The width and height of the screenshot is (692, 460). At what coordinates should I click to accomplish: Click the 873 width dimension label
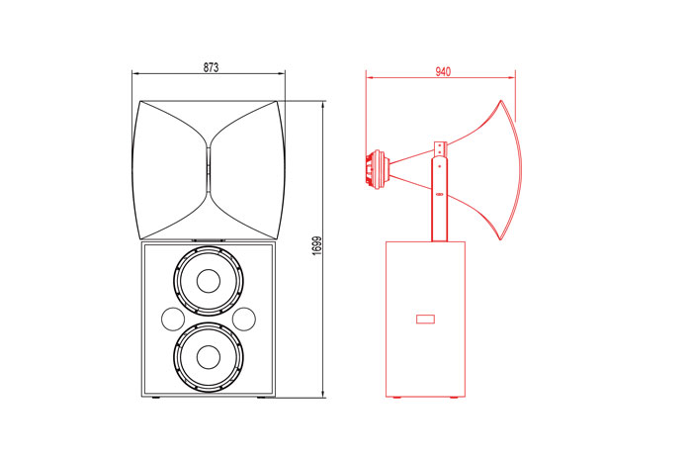click(x=211, y=67)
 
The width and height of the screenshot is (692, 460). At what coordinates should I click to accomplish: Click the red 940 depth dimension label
click(x=443, y=71)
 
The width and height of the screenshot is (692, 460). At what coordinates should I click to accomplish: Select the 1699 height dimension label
click(x=317, y=246)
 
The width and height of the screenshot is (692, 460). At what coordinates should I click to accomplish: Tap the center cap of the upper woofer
click(x=209, y=281)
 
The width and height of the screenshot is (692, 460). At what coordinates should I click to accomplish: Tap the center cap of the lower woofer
click(x=209, y=357)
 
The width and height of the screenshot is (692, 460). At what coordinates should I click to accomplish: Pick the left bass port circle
click(x=173, y=319)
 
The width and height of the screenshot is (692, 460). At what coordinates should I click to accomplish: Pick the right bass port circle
click(x=244, y=319)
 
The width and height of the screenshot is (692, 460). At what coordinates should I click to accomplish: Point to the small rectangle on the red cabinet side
click(x=426, y=319)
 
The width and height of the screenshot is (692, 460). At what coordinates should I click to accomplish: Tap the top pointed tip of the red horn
click(x=501, y=101)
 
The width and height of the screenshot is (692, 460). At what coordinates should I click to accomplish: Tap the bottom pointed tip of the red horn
click(x=500, y=239)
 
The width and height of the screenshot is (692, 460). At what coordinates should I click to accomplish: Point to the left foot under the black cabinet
click(x=155, y=399)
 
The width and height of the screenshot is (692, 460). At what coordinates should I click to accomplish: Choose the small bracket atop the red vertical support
click(x=441, y=148)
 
